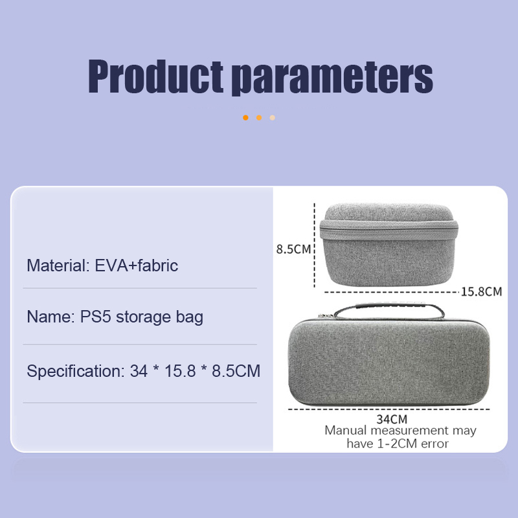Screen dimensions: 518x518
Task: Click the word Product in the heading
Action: [155, 76]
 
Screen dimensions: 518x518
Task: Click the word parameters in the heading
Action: [332, 78]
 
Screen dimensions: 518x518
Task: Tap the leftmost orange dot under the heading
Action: [245, 118]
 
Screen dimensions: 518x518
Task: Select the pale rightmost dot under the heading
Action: [272, 118]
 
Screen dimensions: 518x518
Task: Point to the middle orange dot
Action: [259, 118]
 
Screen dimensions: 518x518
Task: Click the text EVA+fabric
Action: [137, 265]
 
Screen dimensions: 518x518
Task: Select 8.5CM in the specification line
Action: [236, 371]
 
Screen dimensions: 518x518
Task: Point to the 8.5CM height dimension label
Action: [293, 249]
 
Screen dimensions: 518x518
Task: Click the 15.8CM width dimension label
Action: [481, 292]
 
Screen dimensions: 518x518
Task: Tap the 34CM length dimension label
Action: [392, 419]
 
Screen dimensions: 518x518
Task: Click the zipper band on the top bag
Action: [389, 230]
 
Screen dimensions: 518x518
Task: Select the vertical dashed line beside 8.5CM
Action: [315, 245]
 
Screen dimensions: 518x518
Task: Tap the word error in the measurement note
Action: [434, 444]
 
